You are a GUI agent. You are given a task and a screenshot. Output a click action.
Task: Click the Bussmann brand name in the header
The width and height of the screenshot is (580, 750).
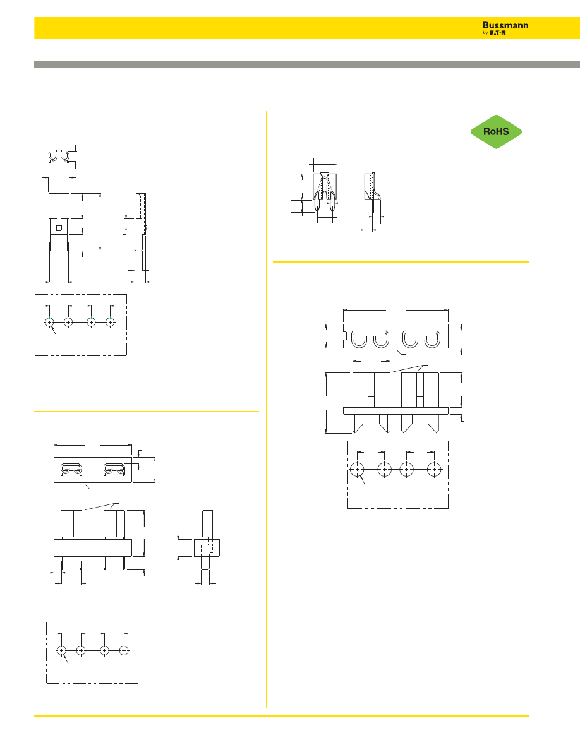point(505,25)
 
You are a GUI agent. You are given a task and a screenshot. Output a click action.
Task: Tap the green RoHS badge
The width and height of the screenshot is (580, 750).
point(496,131)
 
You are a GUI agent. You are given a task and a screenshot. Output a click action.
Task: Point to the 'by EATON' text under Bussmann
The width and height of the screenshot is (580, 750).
point(494,33)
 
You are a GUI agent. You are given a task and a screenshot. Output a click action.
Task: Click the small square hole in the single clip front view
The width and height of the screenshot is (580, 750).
point(59,228)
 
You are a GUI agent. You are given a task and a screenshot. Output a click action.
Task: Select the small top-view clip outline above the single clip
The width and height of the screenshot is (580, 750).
point(59,156)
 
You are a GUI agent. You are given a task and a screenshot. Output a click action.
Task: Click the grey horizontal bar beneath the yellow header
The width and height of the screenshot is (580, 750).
point(307,64)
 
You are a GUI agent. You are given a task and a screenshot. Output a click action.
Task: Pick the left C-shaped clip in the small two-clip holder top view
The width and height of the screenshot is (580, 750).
point(71,470)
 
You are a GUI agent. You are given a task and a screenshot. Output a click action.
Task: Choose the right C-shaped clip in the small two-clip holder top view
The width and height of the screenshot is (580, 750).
point(115,470)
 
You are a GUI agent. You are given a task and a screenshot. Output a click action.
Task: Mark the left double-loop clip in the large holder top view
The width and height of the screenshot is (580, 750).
point(370,339)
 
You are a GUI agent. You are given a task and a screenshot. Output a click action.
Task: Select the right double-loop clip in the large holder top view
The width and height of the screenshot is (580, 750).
point(421,339)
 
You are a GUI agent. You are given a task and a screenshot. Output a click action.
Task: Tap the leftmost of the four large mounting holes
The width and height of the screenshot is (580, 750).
point(357,470)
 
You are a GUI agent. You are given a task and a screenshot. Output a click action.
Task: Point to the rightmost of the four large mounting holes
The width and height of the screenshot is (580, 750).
point(435,470)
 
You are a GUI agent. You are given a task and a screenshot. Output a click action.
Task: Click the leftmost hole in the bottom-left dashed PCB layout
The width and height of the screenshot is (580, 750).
point(61,650)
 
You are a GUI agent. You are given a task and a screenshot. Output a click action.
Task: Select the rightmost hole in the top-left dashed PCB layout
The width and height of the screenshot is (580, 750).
point(111,323)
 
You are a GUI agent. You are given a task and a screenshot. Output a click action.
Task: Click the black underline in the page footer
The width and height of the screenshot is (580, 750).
point(338,727)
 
